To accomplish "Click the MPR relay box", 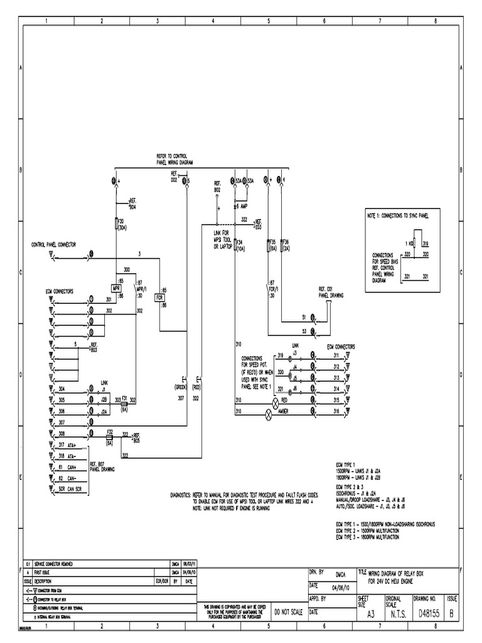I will pyautogui.click(x=117, y=288).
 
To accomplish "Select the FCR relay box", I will pyautogui.click(x=160, y=298).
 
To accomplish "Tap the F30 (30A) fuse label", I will pyautogui.click(x=122, y=225).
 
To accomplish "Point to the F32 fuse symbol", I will pyautogui.click(x=109, y=435).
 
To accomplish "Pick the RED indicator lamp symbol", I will pyautogui.click(x=274, y=399).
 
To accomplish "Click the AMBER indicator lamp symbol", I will pyautogui.click(x=270, y=412).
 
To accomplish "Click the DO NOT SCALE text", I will pyautogui.click(x=288, y=612).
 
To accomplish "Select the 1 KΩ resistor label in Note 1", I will pyautogui.click(x=409, y=243).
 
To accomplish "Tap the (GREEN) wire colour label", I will pyautogui.click(x=181, y=387).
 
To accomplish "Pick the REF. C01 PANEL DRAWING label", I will pyautogui.click(x=330, y=291).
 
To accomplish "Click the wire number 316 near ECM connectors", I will pyautogui.click(x=336, y=411).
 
